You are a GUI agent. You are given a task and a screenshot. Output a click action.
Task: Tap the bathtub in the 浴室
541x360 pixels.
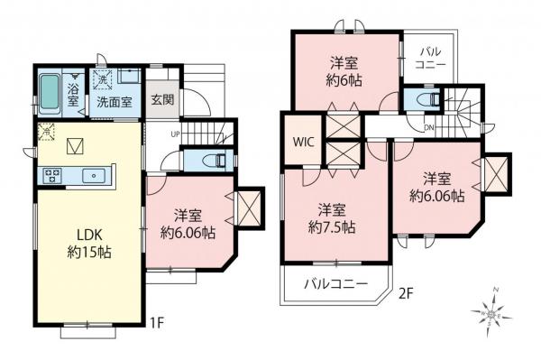(48, 91)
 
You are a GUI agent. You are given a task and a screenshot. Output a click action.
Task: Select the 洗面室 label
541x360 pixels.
(115, 102)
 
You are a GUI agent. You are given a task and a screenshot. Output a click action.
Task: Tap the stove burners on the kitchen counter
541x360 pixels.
(50, 174)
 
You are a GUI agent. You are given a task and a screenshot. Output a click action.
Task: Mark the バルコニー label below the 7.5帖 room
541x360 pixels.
(335, 284)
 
